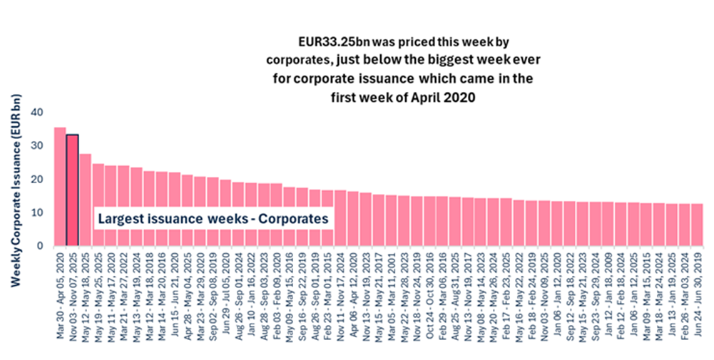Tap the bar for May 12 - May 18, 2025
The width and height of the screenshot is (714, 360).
(x=86, y=200)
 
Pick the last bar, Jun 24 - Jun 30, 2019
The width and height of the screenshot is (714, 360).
(x=698, y=225)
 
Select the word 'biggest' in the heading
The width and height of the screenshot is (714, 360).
(x=412, y=59)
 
